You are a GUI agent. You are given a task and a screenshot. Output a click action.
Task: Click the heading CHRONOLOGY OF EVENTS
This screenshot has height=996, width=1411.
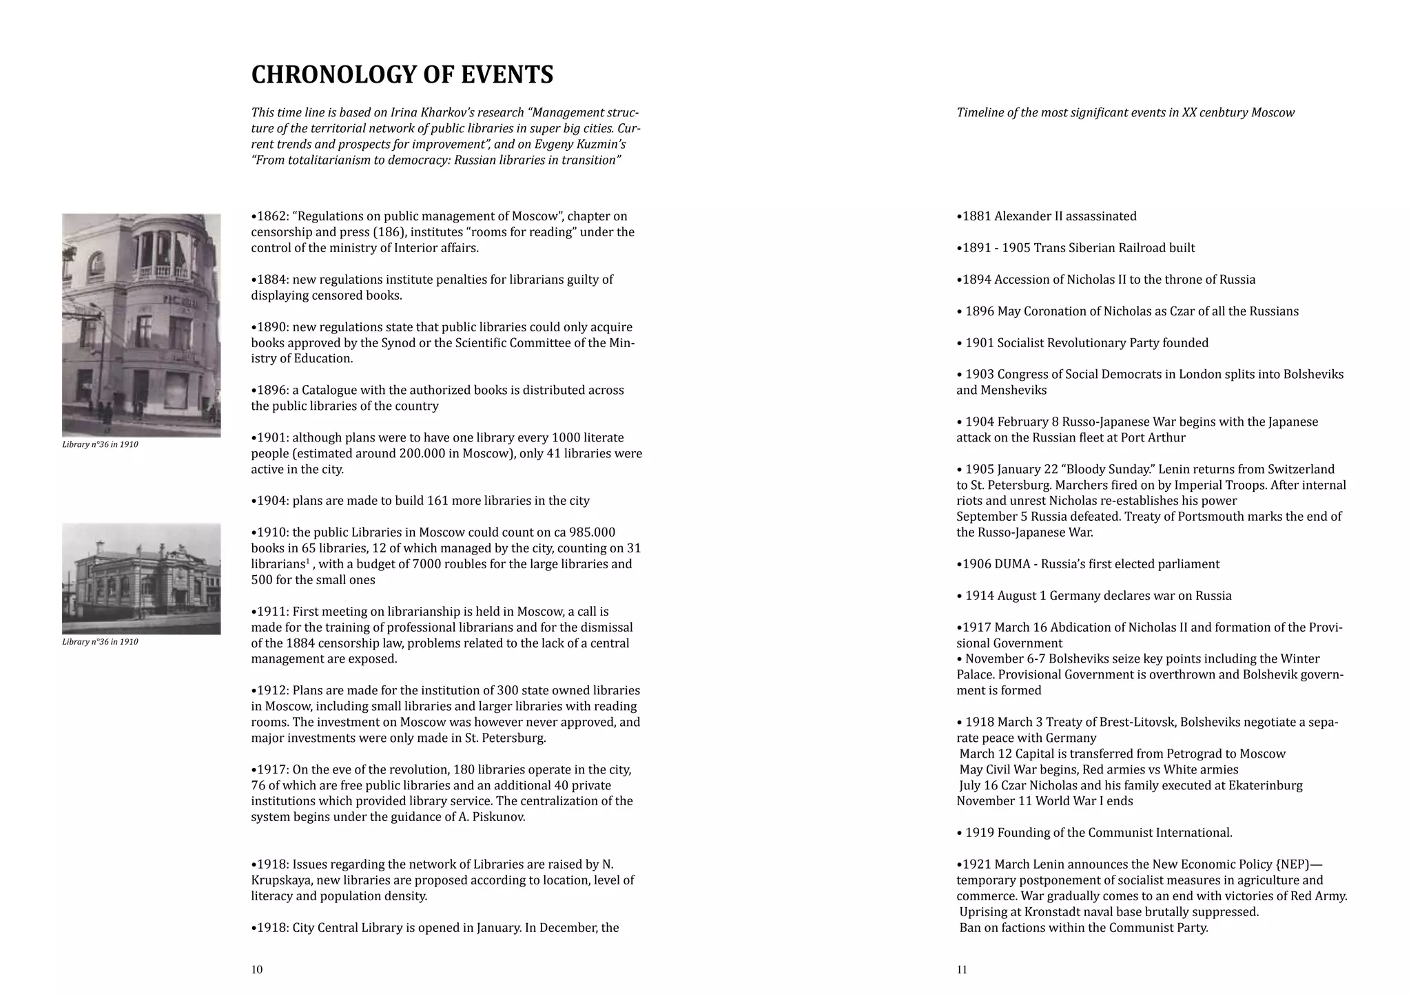click(402, 75)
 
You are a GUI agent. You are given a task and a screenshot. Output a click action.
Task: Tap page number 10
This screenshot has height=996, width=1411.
click(257, 970)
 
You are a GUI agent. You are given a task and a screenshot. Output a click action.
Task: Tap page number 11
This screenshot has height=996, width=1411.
click(962, 970)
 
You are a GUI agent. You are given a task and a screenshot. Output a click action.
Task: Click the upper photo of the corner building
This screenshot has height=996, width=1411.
click(141, 325)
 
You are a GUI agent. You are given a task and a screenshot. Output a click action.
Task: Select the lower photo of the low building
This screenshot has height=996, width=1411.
click(141, 579)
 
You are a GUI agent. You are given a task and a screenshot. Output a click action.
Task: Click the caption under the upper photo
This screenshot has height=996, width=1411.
click(100, 445)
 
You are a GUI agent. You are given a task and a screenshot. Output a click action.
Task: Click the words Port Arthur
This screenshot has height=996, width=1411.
click(1152, 438)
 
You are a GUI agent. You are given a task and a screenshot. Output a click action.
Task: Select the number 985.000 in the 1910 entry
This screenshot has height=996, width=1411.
click(590, 532)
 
